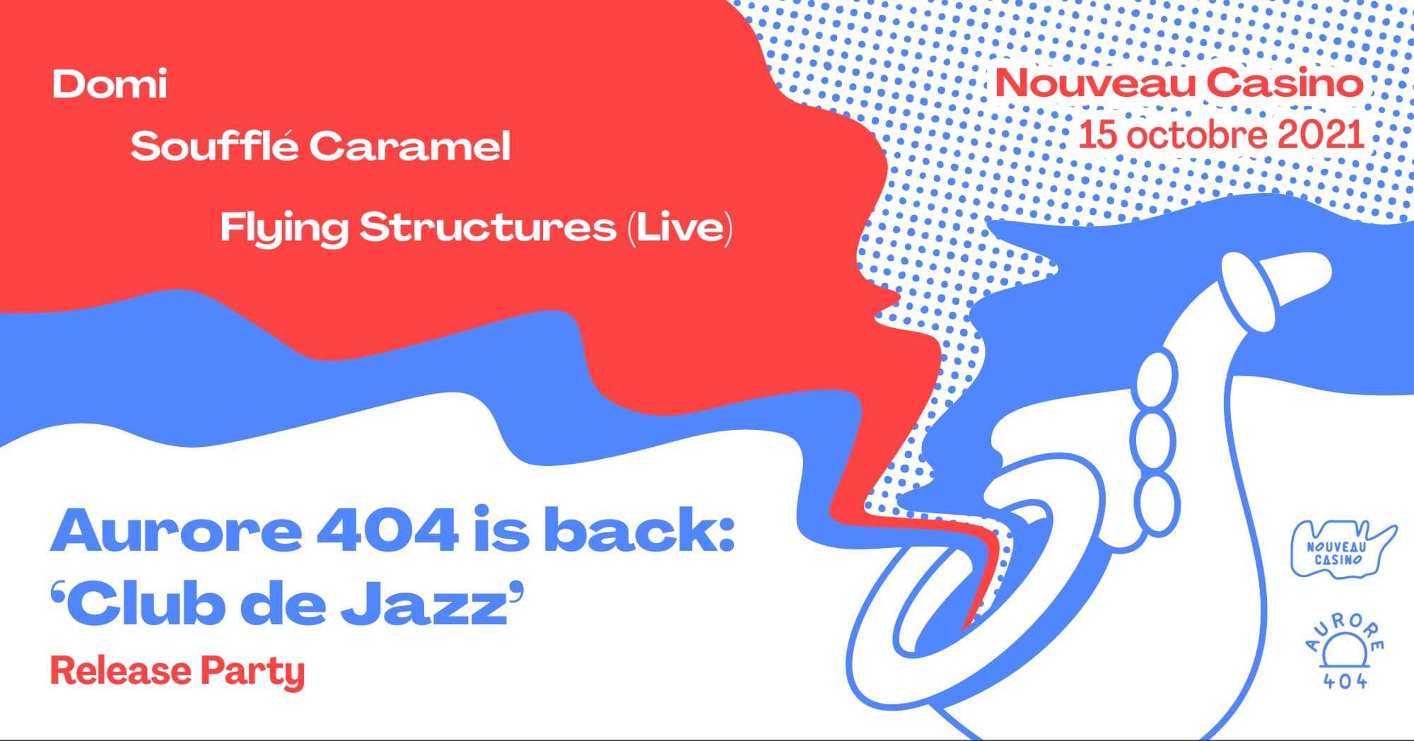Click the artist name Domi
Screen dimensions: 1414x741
(x=110, y=84)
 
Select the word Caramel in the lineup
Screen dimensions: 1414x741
(x=410, y=147)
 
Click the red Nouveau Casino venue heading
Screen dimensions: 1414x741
(x=1179, y=83)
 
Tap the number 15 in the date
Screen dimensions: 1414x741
(x=1097, y=135)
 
